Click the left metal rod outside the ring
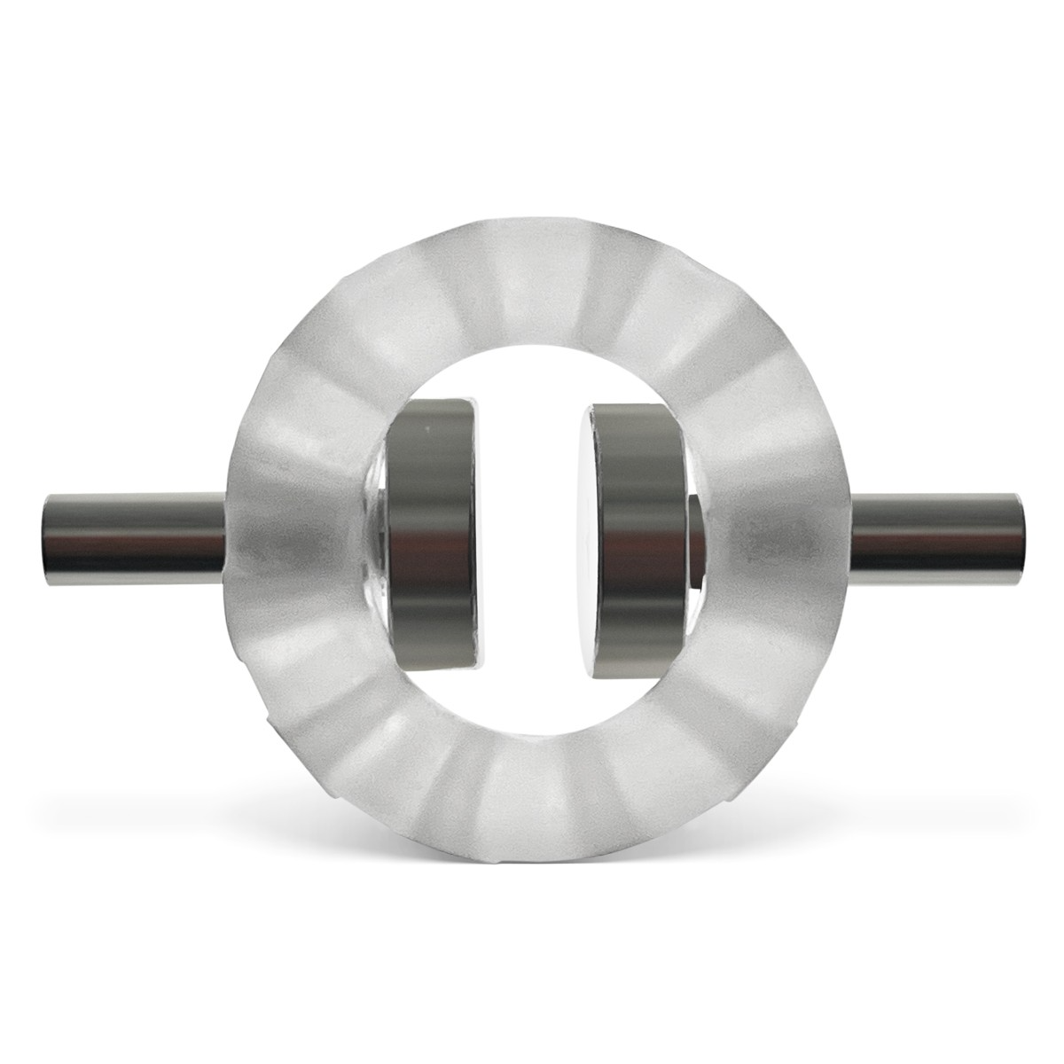tap(133, 533)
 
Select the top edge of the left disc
tap(434, 403)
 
